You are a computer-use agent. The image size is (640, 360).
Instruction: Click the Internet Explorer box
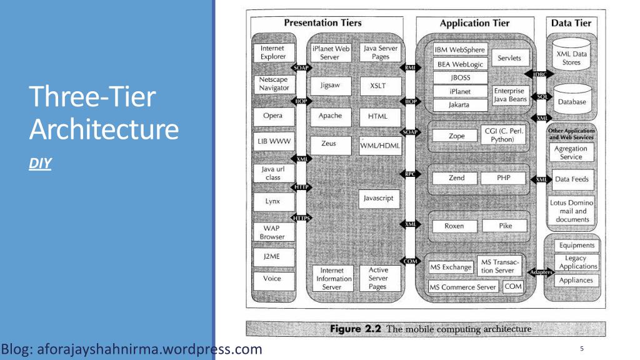[274, 52]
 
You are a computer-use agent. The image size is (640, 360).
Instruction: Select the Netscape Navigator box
[274, 84]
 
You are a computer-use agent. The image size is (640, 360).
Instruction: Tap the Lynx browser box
[273, 202]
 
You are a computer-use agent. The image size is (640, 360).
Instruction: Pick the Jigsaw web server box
[330, 86]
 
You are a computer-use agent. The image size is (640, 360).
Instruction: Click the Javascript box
[379, 199]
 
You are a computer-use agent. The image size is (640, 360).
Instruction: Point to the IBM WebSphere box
[460, 50]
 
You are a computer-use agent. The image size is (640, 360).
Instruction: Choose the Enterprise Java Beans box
[511, 95]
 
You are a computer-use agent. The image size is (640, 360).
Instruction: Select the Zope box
[455, 136]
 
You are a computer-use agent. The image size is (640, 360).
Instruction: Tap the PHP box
[503, 178]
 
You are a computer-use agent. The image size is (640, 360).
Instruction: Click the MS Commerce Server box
[463, 287]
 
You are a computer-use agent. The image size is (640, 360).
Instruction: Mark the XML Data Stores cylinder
[571, 54]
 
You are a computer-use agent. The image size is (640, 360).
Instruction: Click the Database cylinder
[572, 101]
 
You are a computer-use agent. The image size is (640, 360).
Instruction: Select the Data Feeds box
[572, 179]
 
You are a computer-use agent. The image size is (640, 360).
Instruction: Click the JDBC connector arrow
[539, 74]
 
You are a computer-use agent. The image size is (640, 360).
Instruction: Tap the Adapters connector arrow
[541, 272]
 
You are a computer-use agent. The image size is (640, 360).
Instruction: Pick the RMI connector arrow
[410, 67]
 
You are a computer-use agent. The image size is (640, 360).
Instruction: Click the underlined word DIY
[40, 164]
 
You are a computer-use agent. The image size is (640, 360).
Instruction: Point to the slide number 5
[582, 349]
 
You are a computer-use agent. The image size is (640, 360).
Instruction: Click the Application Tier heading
[475, 23]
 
